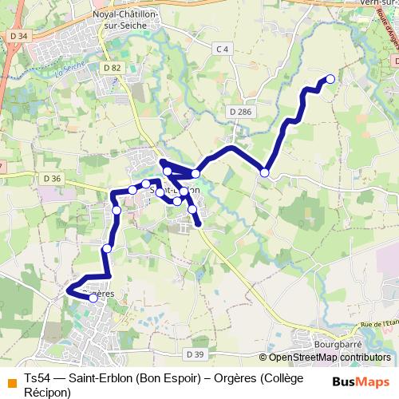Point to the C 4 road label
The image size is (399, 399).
point(222,49)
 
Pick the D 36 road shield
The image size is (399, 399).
point(53,178)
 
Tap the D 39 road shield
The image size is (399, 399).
point(194,354)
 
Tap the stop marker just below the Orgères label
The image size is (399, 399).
point(94,299)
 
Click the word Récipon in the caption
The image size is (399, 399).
point(48,392)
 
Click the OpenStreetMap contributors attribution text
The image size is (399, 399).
point(329,358)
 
